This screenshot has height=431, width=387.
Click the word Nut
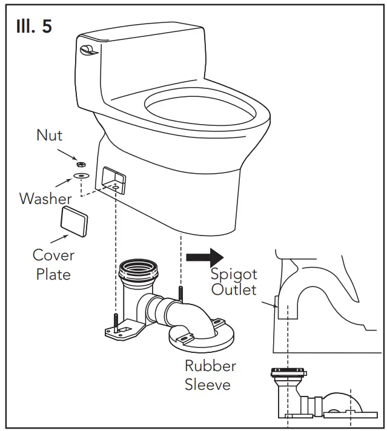pyautogui.click(x=49, y=135)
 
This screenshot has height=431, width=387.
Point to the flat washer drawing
pyautogui.click(x=80, y=176)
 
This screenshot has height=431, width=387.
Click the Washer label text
pyautogui.click(x=45, y=198)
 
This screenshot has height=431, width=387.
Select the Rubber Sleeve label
pyautogui.click(x=210, y=375)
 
